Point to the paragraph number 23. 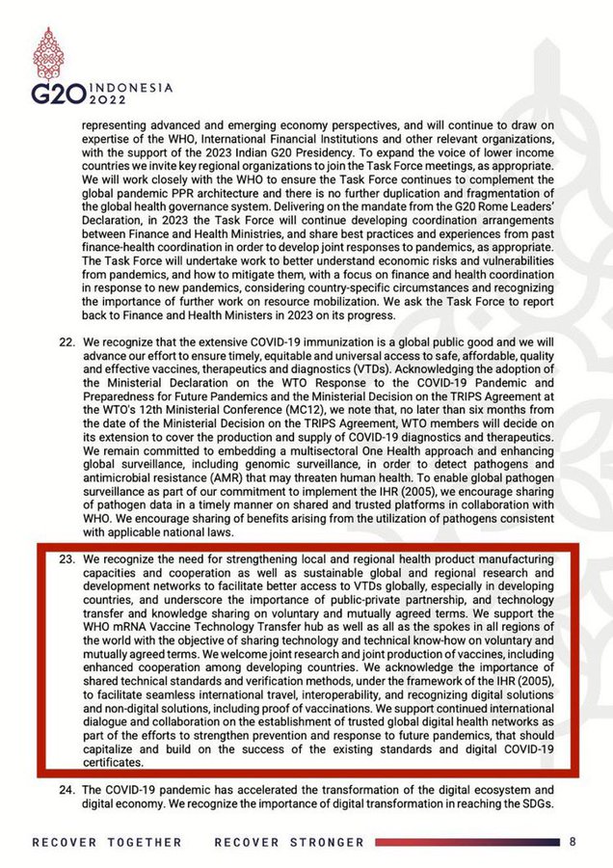[x=67, y=560]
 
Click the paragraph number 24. [x=67, y=789]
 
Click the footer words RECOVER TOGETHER [x=107, y=842]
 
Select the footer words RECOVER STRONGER [x=289, y=842]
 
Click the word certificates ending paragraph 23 [x=114, y=763]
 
